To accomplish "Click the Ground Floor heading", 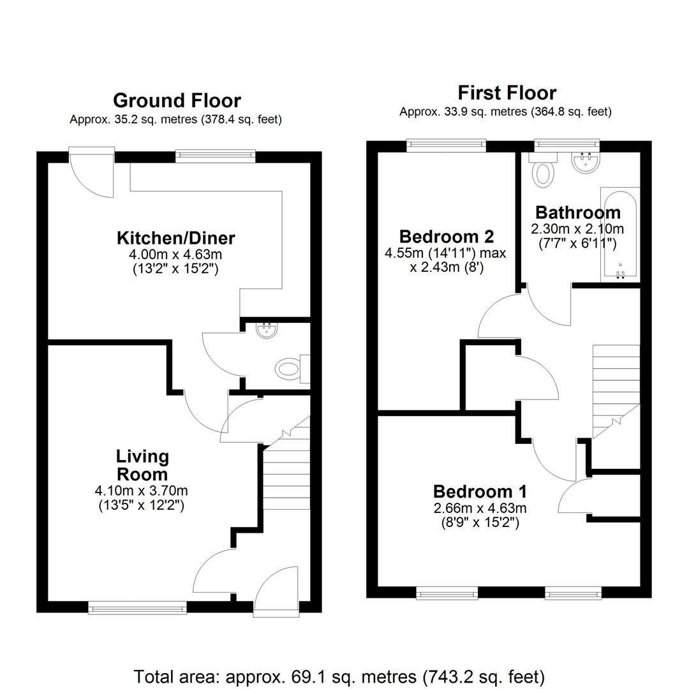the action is click(x=177, y=101).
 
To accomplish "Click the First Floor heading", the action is click(x=507, y=93).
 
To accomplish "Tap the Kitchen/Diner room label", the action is click(x=176, y=238).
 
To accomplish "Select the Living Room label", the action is click(x=142, y=465).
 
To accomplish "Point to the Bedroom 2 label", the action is click(x=447, y=237).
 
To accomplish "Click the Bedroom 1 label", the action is click(x=479, y=491).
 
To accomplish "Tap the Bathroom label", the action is click(x=578, y=212).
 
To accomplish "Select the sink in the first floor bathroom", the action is click(x=585, y=161).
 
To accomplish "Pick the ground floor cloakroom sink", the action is click(x=267, y=330).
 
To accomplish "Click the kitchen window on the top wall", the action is click(x=216, y=156).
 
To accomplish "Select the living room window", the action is click(x=138, y=608).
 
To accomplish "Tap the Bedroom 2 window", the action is click(x=447, y=145).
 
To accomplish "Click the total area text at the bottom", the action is click(x=339, y=676).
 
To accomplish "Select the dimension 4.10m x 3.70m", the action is click(x=141, y=491).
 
